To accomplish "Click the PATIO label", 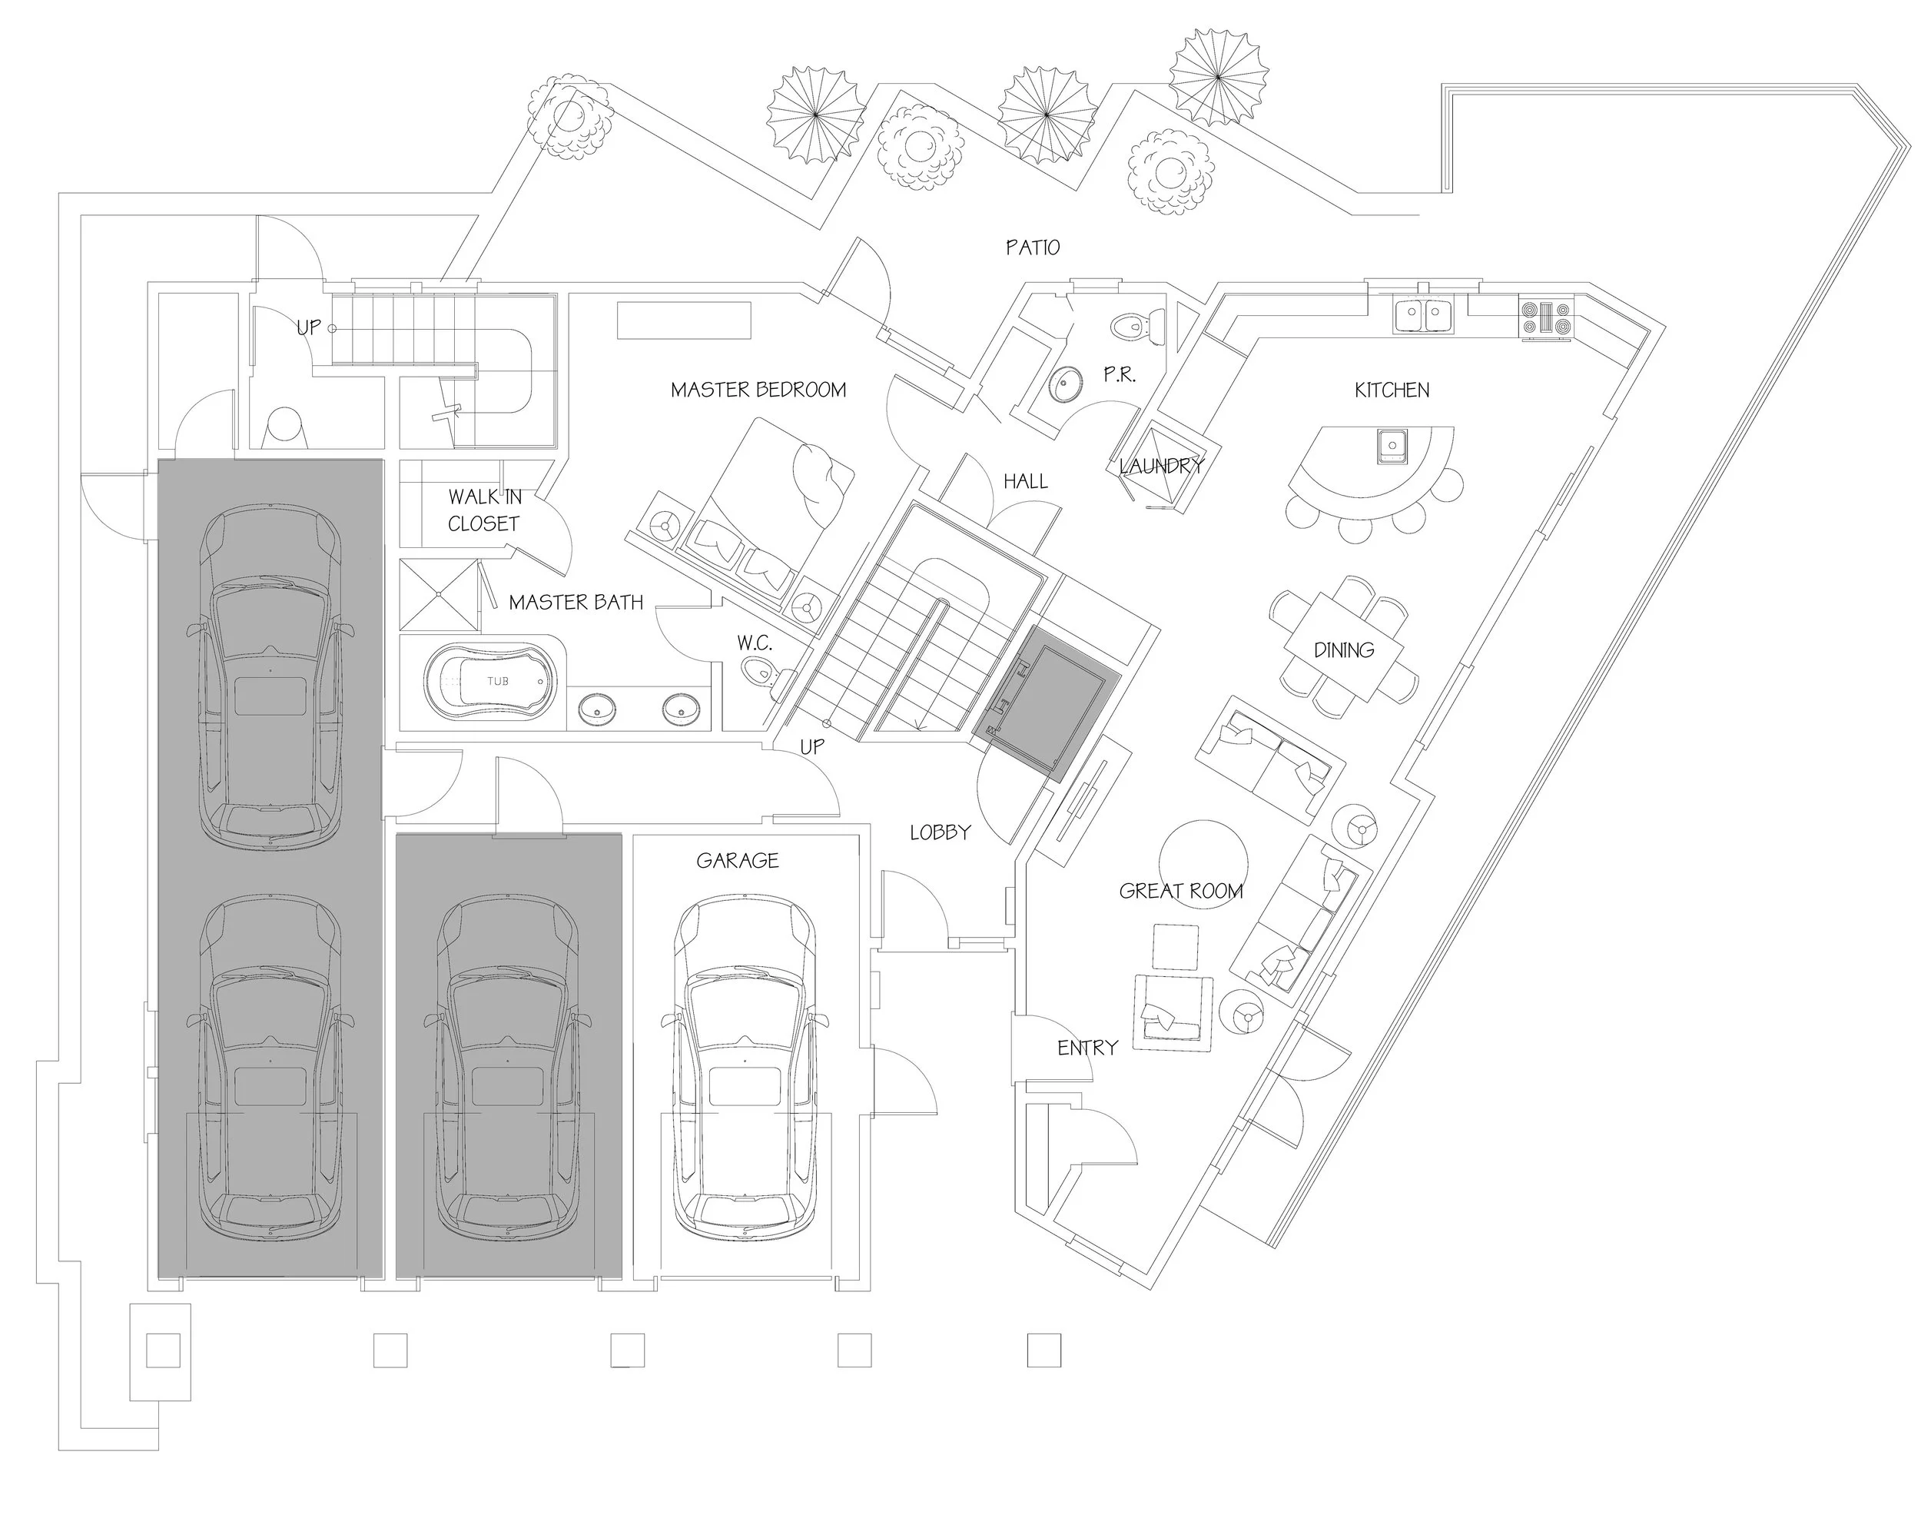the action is pyautogui.click(x=1033, y=247).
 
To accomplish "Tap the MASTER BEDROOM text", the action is pyautogui.click(x=758, y=390).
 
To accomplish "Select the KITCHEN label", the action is pyautogui.click(x=1392, y=390).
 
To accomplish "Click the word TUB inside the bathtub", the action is pyautogui.click(x=497, y=681).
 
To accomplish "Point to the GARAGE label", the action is pyautogui.click(x=737, y=860).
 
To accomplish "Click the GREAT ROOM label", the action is pyautogui.click(x=1180, y=890).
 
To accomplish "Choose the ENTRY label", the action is pyautogui.click(x=1087, y=1048).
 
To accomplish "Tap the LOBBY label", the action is pyautogui.click(x=940, y=832).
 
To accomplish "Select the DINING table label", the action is pyautogui.click(x=1344, y=649).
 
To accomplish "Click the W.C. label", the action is pyautogui.click(x=754, y=643).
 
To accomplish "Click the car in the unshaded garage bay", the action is pyautogui.click(x=744, y=1069).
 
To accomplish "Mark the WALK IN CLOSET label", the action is pyautogui.click(x=484, y=510).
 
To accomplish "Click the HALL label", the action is pyautogui.click(x=1026, y=481).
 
